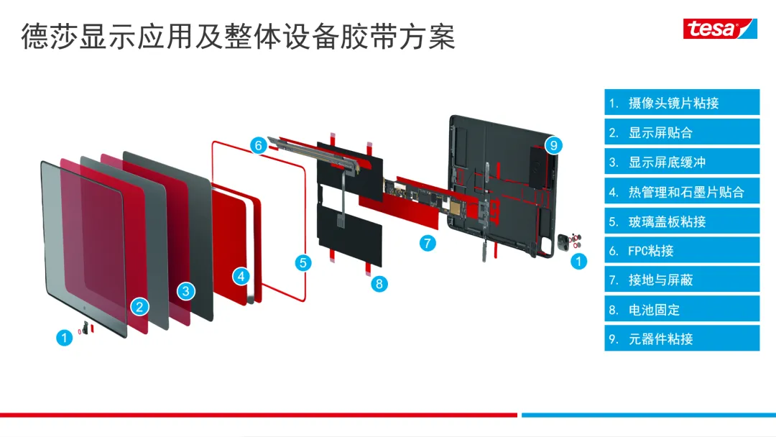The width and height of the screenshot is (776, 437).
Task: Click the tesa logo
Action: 719,28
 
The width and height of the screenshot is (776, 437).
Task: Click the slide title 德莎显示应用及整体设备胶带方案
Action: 238,36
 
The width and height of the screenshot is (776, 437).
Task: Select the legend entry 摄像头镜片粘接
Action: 681,103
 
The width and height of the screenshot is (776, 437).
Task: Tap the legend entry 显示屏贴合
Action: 681,132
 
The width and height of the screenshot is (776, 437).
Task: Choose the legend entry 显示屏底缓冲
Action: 681,162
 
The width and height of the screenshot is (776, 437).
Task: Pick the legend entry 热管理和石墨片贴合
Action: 681,192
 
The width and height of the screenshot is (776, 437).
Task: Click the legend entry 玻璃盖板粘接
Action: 681,221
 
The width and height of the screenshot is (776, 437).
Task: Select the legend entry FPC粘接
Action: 681,251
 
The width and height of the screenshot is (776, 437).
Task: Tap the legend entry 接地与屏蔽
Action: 681,280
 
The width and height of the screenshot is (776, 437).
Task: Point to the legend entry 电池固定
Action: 681,310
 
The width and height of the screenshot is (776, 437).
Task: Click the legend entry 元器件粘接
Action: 681,339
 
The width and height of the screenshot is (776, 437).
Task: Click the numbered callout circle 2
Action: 140,307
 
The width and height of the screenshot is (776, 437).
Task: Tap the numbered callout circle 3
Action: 186,291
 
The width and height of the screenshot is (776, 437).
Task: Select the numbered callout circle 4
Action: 241,275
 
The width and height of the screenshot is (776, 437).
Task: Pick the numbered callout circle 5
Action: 303,262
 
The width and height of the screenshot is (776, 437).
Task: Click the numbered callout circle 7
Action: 428,243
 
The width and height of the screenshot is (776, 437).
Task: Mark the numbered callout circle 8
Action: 379,284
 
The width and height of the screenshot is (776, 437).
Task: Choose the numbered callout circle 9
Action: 553,145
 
